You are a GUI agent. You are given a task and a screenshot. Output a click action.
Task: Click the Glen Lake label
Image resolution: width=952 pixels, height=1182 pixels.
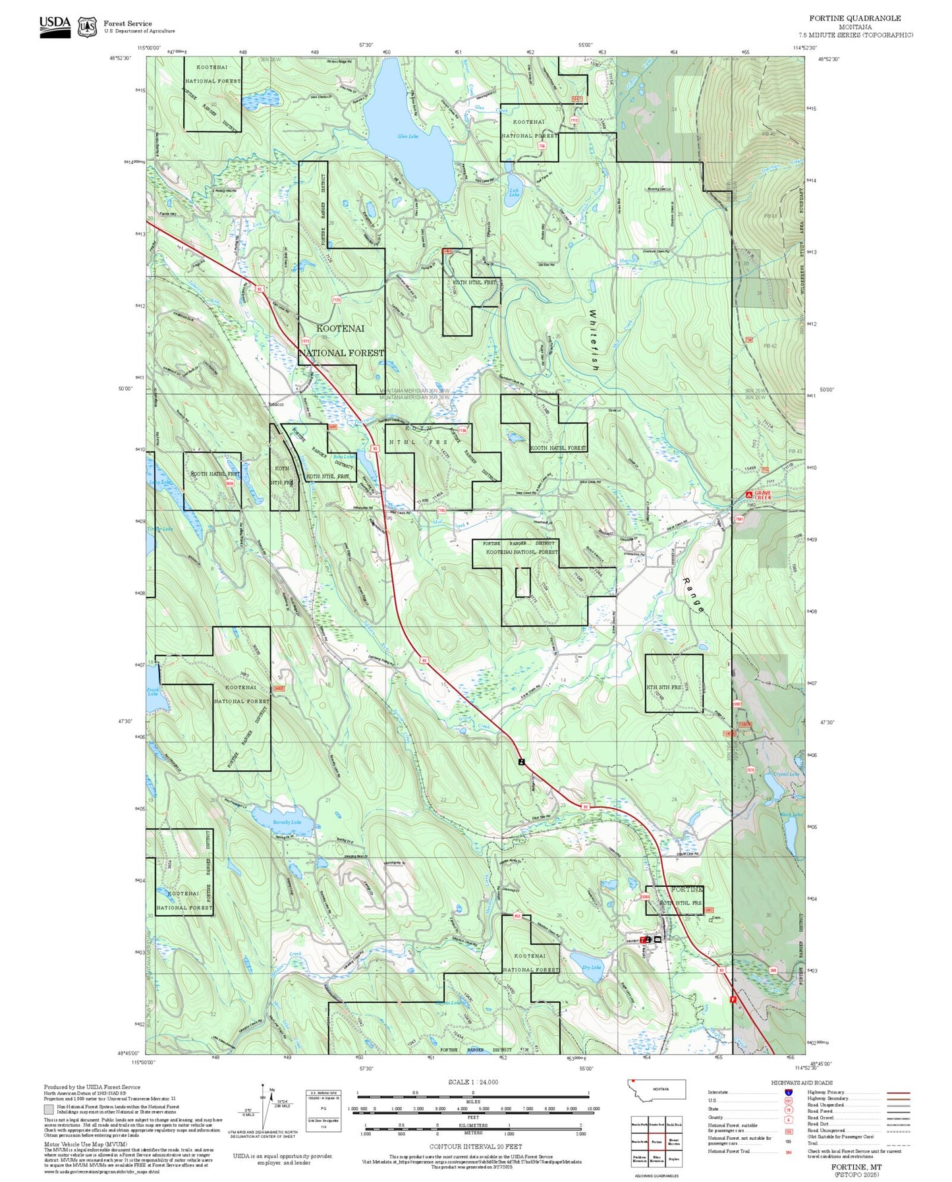408,136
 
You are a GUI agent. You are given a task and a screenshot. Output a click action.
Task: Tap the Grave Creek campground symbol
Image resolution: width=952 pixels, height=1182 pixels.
749,494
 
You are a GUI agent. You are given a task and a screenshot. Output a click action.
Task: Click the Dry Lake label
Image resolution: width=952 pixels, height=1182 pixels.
592,967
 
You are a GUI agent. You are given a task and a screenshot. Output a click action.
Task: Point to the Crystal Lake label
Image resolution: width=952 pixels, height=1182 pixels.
786,774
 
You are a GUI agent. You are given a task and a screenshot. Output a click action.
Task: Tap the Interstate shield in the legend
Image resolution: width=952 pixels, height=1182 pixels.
788,1092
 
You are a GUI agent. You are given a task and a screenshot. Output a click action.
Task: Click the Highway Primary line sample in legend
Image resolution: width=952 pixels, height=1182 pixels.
898,1092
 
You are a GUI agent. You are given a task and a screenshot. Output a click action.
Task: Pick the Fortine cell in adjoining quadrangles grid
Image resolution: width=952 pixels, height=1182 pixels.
656,1142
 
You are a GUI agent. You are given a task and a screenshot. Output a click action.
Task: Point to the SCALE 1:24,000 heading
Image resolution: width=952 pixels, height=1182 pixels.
472,1083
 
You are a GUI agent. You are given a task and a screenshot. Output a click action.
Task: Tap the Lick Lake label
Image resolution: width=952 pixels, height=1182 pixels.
515,193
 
